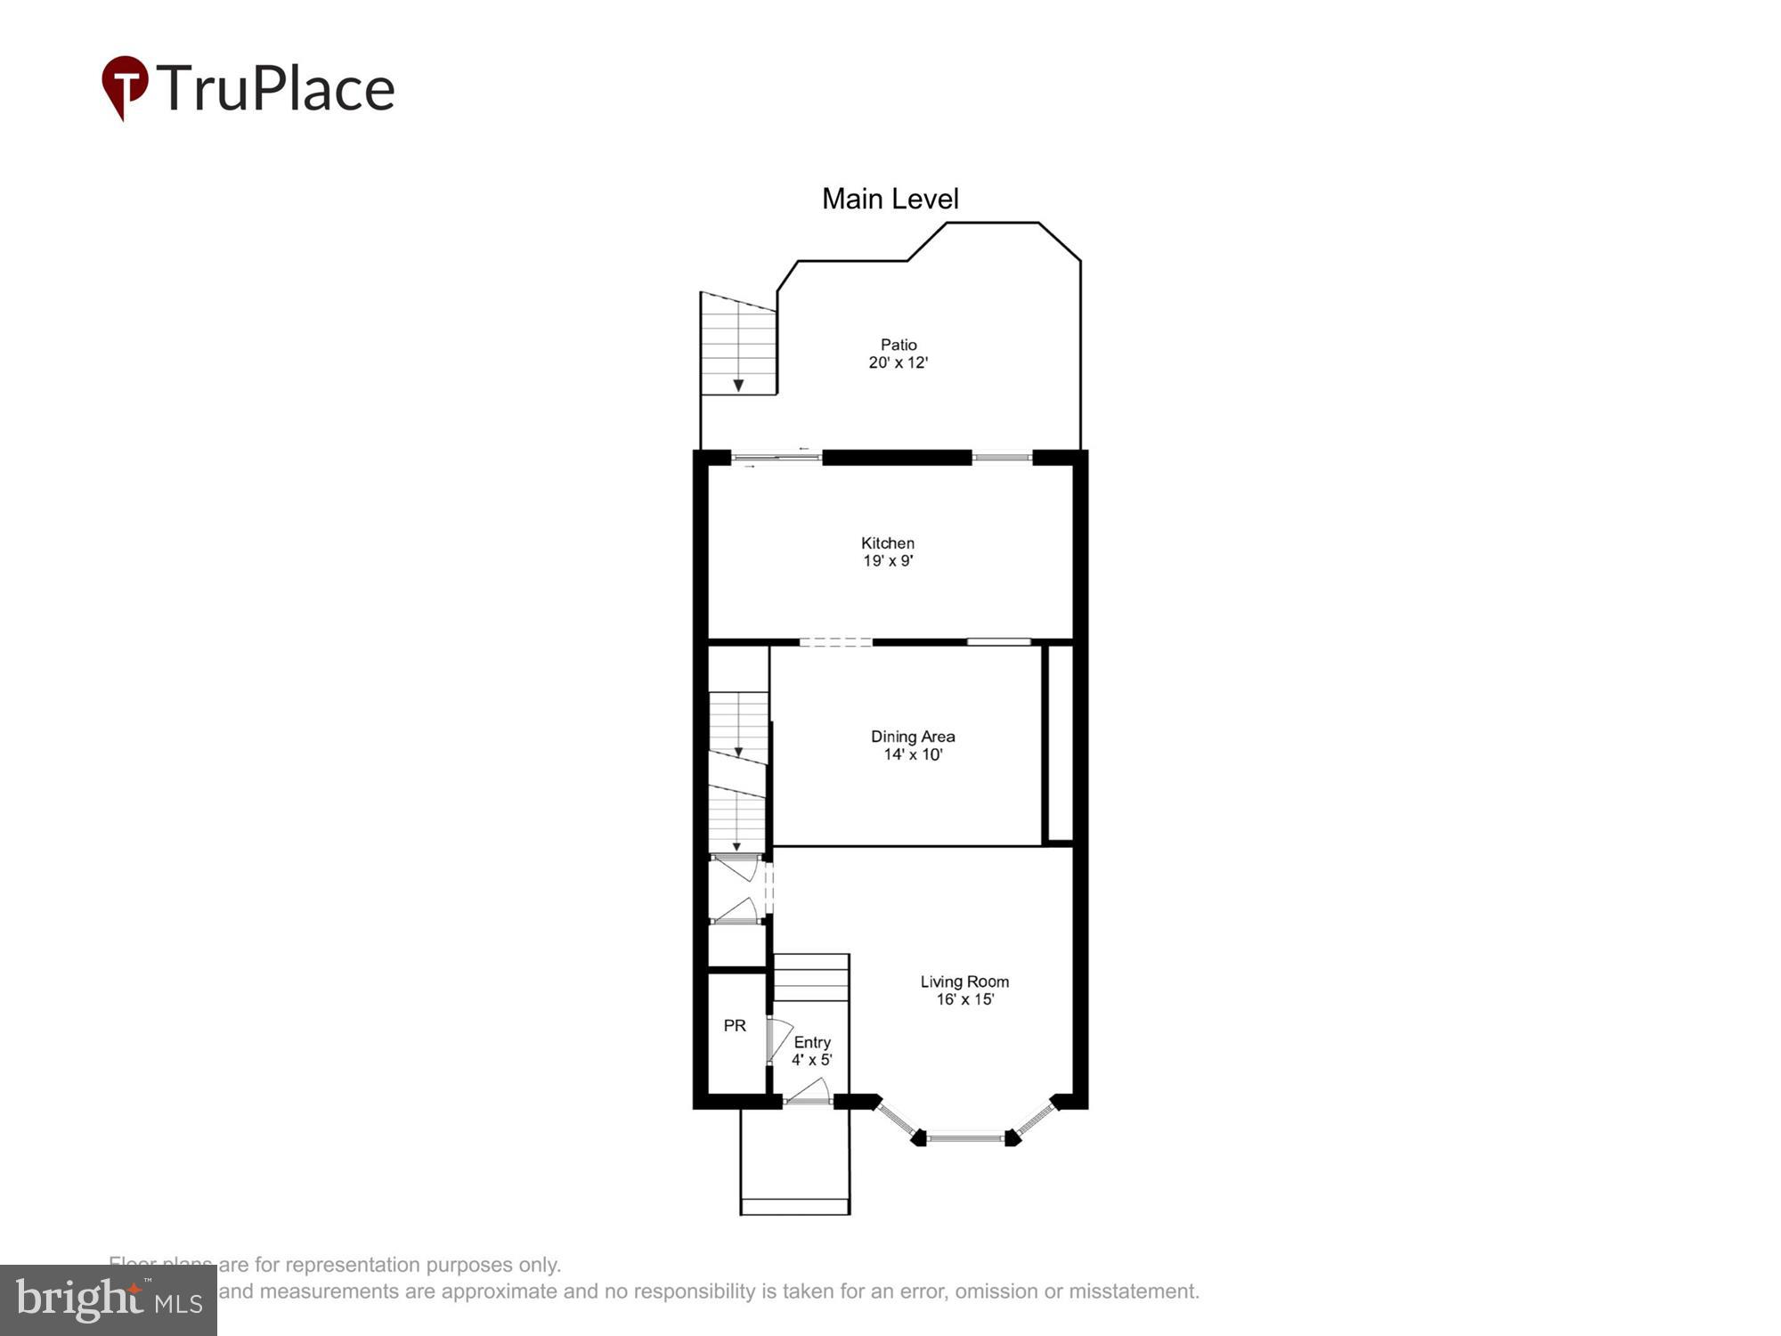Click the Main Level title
(890, 199)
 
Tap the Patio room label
(899, 345)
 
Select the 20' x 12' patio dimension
(899, 363)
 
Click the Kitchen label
(888, 542)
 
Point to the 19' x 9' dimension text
(888, 561)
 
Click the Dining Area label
(913, 737)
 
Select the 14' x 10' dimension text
(913, 754)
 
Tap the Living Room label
(964, 982)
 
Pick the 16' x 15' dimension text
(964, 999)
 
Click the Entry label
(812, 1042)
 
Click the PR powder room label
(735, 1026)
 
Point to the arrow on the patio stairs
(738, 385)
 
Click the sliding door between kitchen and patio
(777, 458)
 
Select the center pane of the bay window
(965, 1137)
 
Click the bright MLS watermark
(109, 1300)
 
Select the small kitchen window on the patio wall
(1002, 458)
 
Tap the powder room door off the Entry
(777, 1040)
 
